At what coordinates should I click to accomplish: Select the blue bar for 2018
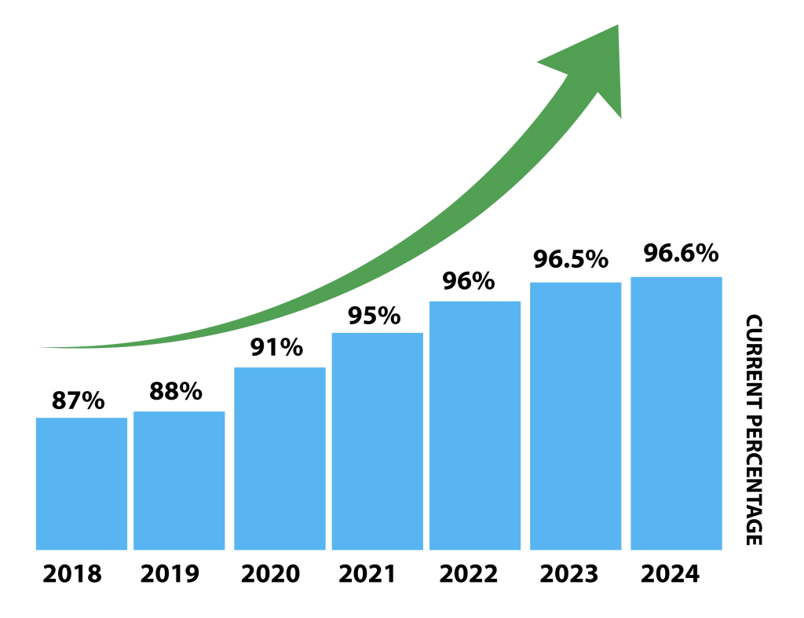tap(82, 483)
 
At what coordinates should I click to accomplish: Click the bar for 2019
tap(179, 480)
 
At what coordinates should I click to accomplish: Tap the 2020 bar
tap(280, 458)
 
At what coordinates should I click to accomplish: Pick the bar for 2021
tap(377, 441)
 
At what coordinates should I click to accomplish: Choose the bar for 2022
tap(474, 425)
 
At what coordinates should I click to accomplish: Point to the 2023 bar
tap(576, 415)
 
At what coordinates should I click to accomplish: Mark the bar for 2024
tap(676, 412)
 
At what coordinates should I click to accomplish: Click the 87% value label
tap(79, 400)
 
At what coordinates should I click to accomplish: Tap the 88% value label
tap(176, 391)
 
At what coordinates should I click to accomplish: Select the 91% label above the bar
tap(277, 348)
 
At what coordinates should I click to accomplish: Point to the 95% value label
tap(375, 316)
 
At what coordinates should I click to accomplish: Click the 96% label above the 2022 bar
tap(469, 281)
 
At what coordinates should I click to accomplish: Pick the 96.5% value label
tap(571, 258)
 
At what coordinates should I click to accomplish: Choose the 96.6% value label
tap(681, 254)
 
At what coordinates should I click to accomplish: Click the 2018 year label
tap(72, 574)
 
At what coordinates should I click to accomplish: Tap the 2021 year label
tap(368, 574)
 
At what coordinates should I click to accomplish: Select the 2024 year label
tap(670, 574)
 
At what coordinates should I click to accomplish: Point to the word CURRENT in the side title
tap(754, 361)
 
